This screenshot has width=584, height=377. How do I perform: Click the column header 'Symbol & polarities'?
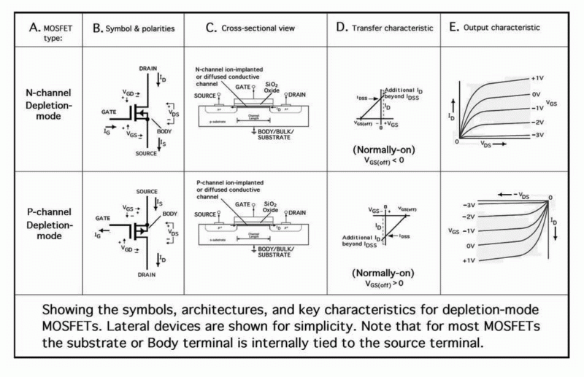pos(134,28)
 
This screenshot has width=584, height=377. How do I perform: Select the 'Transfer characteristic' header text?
pos(384,28)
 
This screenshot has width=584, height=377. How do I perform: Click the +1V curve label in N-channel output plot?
pos(538,77)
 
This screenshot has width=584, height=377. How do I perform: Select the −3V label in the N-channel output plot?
pos(538,136)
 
